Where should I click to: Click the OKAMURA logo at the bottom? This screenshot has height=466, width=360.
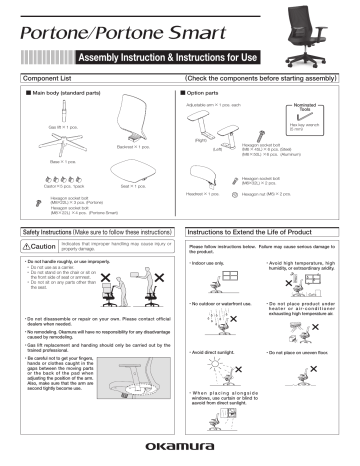coord(180,450)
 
